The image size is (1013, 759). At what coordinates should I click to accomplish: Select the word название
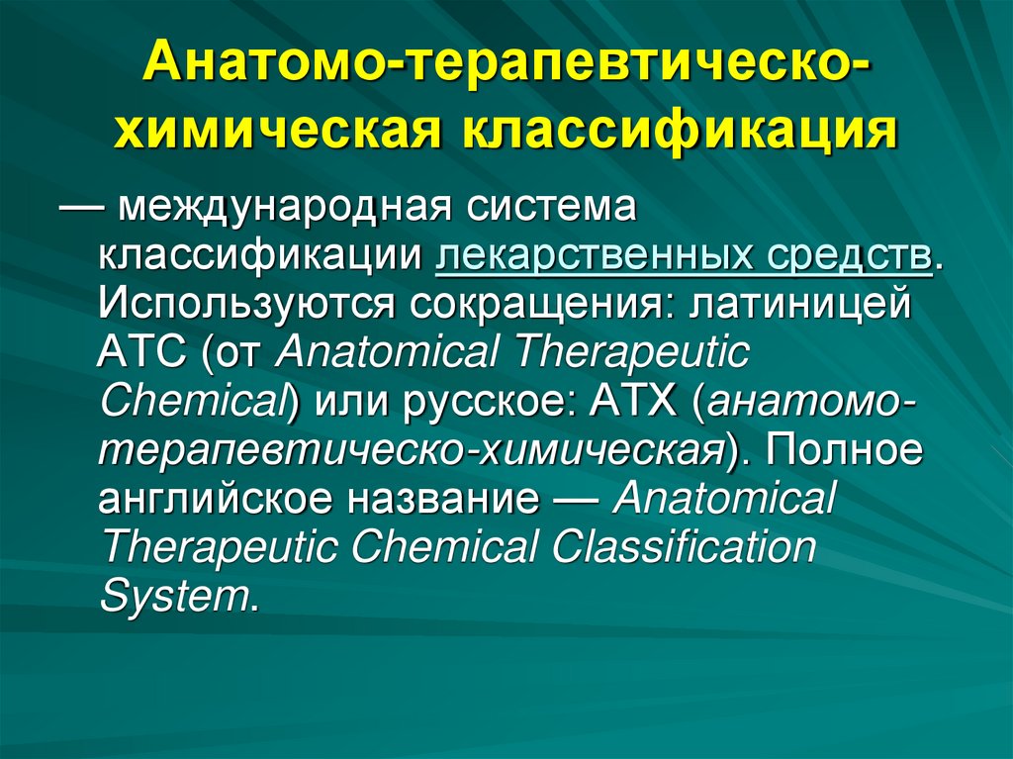tap(440, 498)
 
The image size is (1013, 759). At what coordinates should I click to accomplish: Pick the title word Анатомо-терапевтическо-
tap(506, 68)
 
